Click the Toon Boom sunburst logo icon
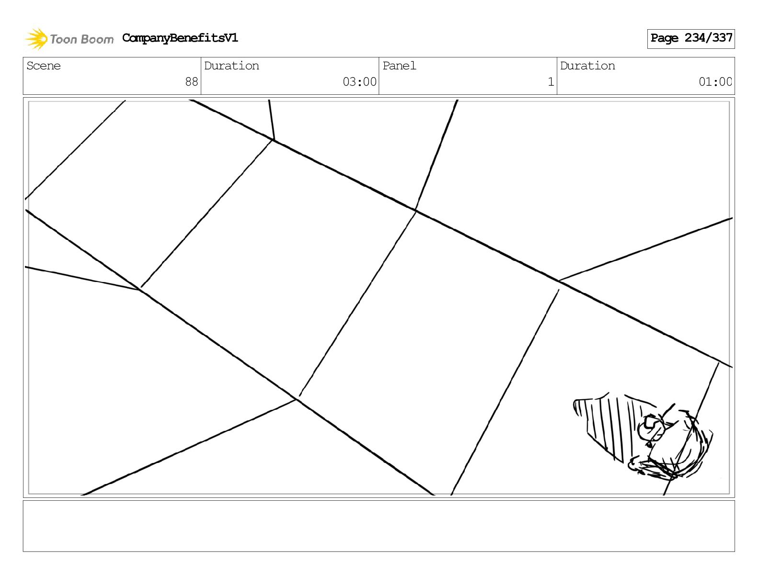click(x=36, y=39)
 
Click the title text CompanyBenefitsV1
click(x=180, y=38)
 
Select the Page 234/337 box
click(x=690, y=39)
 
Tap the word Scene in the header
click(x=44, y=66)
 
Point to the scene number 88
click(x=191, y=82)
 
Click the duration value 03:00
click(x=359, y=82)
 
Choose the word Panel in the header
click(x=399, y=66)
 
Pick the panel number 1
click(x=551, y=82)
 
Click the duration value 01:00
click(x=715, y=82)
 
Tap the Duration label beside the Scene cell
click(x=231, y=66)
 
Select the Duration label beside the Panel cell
click(x=587, y=66)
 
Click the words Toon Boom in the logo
click(x=81, y=39)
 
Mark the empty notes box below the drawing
click(x=379, y=526)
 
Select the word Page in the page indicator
click(x=664, y=38)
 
